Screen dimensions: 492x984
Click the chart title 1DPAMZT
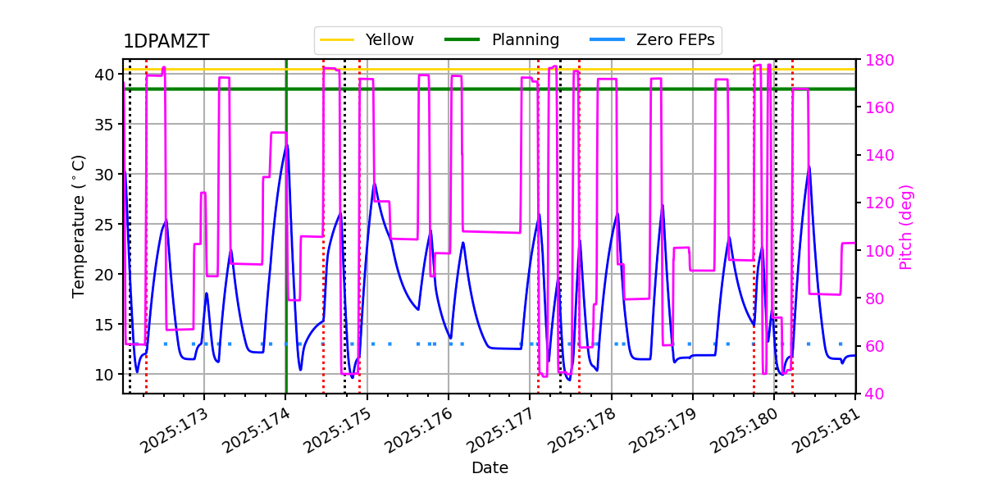click(166, 42)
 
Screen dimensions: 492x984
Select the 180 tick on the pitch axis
click(877, 60)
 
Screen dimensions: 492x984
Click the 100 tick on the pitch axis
click(877, 251)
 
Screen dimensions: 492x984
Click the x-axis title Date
click(490, 468)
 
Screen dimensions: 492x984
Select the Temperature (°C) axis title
click(79, 225)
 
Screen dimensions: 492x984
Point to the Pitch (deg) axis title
click(906, 226)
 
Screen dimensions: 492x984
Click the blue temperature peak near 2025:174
click(286, 145)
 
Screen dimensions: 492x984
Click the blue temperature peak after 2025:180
click(809, 166)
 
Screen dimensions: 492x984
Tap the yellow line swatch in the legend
click(336, 39)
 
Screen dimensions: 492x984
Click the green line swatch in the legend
click(462, 39)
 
